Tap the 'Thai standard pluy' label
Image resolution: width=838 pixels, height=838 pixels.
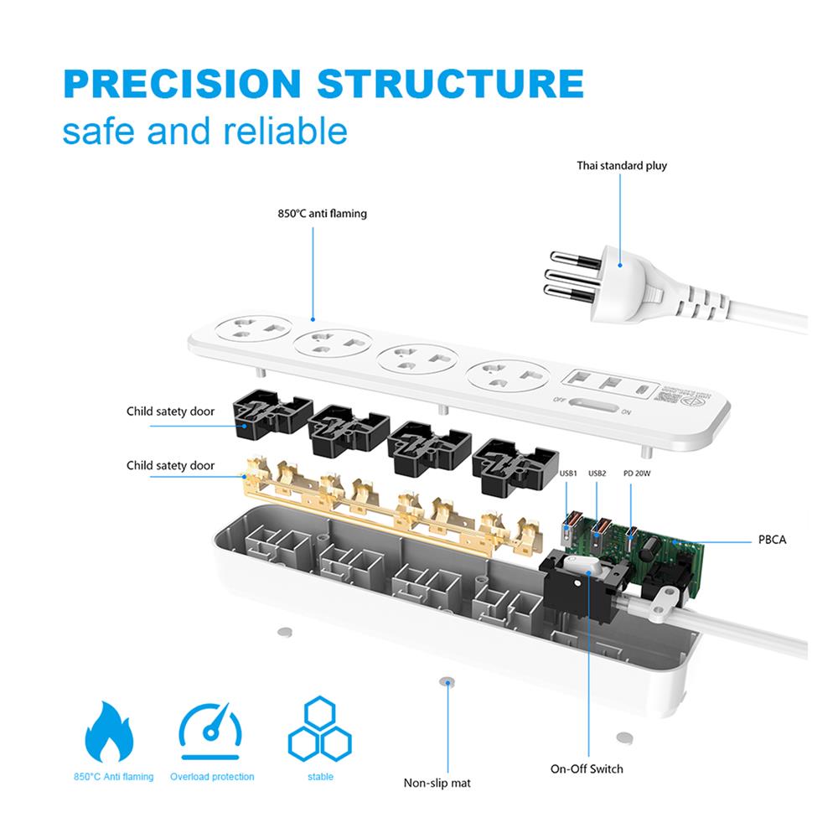tap(622, 165)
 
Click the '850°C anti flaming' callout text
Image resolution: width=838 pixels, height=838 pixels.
tap(323, 214)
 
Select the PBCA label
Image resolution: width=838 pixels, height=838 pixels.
tap(772, 541)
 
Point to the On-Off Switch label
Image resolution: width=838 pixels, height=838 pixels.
tap(587, 768)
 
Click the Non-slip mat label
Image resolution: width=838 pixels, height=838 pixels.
tap(437, 783)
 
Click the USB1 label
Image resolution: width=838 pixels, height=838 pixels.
tap(569, 473)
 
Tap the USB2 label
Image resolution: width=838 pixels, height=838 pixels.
tap(597, 473)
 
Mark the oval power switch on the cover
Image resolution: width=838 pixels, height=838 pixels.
tap(599, 407)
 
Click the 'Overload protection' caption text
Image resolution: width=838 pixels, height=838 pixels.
tap(212, 777)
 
